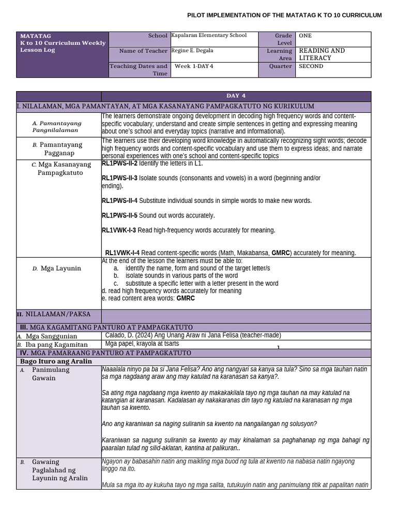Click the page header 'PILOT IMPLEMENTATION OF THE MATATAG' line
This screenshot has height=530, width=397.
(x=284, y=16)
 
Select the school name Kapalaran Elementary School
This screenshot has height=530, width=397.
(x=209, y=36)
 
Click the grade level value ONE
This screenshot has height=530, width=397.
(x=306, y=36)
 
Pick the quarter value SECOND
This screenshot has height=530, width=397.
(x=311, y=66)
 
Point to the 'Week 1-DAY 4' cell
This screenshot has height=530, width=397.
(x=194, y=66)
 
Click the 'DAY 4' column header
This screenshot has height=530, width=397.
(x=236, y=96)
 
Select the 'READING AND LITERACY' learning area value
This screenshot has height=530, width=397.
(x=322, y=54)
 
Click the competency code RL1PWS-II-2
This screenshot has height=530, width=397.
(x=119, y=164)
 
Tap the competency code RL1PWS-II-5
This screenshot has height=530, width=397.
(x=119, y=215)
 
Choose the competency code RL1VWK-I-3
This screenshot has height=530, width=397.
(x=119, y=230)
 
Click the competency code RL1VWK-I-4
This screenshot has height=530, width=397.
(x=122, y=253)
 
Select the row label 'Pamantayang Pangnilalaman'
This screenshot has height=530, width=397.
(x=57, y=127)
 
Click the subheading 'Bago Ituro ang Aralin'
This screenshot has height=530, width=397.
(x=56, y=361)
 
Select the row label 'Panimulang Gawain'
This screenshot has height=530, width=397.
(x=51, y=374)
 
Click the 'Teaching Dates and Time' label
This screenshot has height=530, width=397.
(x=139, y=70)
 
